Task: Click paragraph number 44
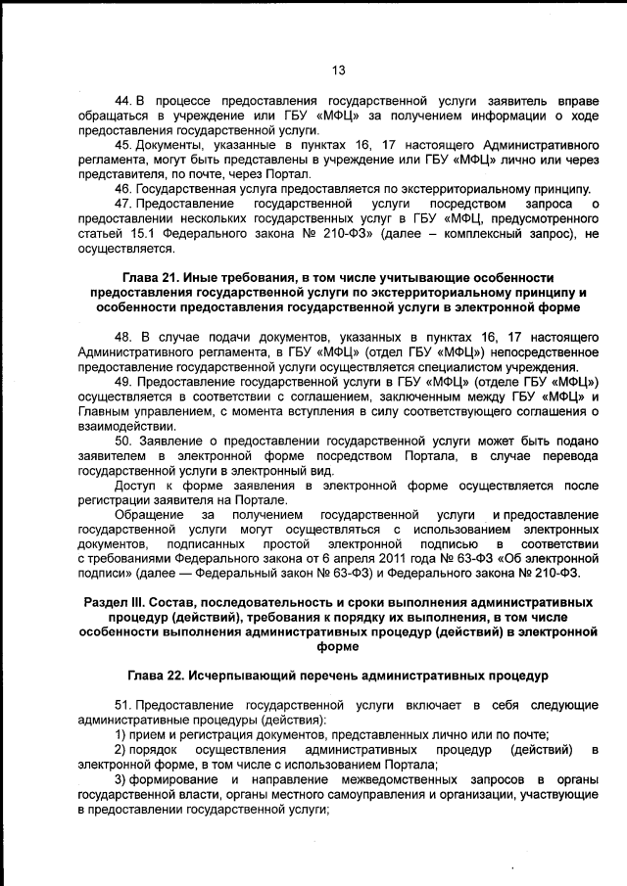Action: click(123, 102)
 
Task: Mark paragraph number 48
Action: click(123, 334)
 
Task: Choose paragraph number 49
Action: click(123, 380)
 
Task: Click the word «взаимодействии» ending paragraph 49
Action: click(126, 426)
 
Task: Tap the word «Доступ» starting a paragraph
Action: click(137, 484)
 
